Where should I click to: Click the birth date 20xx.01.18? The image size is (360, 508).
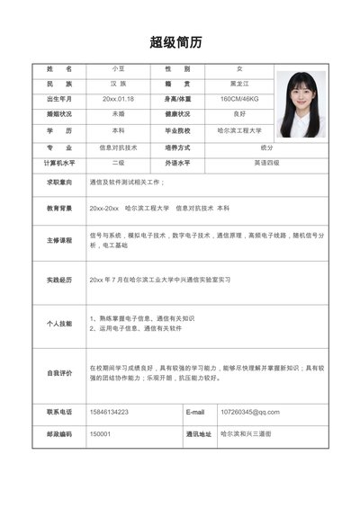[x=118, y=98]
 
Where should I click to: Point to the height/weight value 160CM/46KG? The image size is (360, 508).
[x=239, y=98]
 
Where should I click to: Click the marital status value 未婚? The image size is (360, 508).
[x=118, y=114]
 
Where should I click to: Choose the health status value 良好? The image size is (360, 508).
[x=239, y=114]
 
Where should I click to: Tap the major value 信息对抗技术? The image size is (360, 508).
[x=118, y=147]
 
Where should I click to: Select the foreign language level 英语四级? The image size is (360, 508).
[x=267, y=163]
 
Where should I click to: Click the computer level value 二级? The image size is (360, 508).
[x=118, y=163]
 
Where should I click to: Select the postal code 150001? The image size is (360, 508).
[x=99, y=433]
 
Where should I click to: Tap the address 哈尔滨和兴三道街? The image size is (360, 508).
[x=246, y=433]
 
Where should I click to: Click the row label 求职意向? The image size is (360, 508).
[x=59, y=182]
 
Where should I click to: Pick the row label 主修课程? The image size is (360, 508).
[x=59, y=240]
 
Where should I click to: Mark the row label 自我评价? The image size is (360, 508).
[x=59, y=372]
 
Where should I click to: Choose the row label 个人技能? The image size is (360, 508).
[x=59, y=323]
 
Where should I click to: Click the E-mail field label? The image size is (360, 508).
[x=196, y=412]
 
